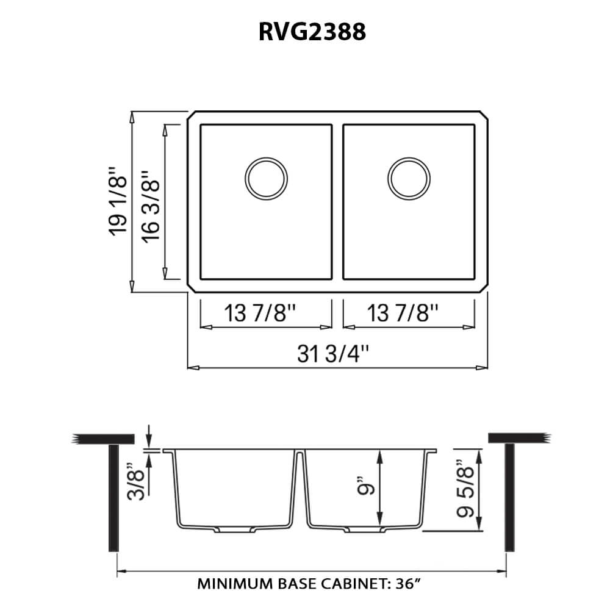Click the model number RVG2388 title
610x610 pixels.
(x=312, y=31)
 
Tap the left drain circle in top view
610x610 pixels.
(x=265, y=178)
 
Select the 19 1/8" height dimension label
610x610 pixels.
(x=119, y=202)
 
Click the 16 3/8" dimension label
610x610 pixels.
(x=151, y=202)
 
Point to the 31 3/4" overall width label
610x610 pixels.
(x=334, y=353)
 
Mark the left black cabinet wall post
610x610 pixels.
(x=113, y=497)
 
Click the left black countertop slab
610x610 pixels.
(x=103, y=439)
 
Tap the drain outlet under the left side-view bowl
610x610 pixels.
(x=233, y=529)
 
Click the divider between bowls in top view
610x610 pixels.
(x=337, y=202)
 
